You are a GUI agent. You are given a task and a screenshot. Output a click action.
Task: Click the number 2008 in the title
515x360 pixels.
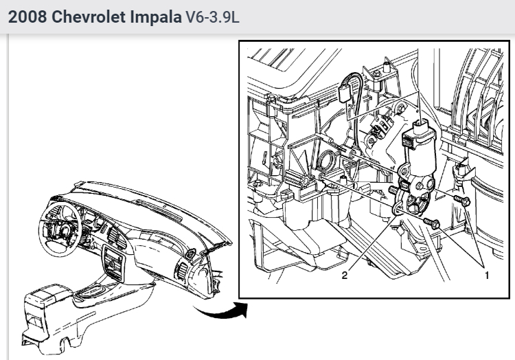point(27,16)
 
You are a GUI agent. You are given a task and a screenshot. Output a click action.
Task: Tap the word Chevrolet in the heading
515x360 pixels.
point(89,16)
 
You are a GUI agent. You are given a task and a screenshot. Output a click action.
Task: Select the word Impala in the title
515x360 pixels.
point(156,17)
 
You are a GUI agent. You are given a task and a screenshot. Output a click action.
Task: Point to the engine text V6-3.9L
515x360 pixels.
point(213,17)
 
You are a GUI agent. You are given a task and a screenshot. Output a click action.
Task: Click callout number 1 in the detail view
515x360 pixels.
point(487,275)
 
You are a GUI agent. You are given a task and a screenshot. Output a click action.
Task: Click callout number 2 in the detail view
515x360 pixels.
point(345,275)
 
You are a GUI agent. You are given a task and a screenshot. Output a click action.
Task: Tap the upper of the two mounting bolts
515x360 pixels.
point(462,201)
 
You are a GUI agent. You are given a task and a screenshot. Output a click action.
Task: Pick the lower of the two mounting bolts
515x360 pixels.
point(431,223)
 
